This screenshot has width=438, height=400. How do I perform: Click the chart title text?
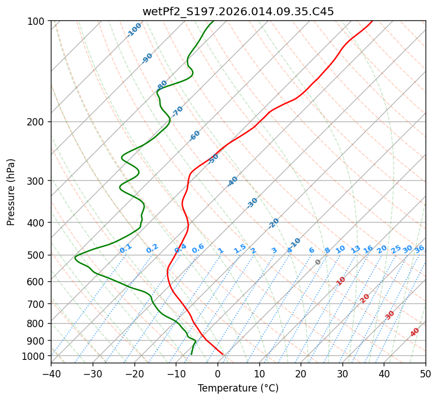pyautogui.click(x=238, y=11)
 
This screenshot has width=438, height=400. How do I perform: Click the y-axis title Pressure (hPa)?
pyautogui.click(x=11, y=192)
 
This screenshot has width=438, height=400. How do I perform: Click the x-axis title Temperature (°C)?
pyautogui.click(x=238, y=388)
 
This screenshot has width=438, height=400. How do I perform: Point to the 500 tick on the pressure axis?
pyautogui.click(x=37, y=255)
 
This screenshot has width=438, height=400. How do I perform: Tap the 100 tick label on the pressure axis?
pyautogui.click(x=37, y=21)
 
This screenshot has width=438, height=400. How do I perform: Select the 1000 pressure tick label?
pyautogui.click(x=34, y=356)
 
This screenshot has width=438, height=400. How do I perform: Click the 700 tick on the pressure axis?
pyautogui.click(x=37, y=304)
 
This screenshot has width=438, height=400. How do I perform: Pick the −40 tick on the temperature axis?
pyautogui.click(x=51, y=373)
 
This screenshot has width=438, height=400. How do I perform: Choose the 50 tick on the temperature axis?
pyautogui.click(x=426, y=373)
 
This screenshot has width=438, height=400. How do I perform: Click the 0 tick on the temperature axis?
pyautogui.click(x=218, y=373)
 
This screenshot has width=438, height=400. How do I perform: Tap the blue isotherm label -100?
pyautogui.click(x=135, y=30)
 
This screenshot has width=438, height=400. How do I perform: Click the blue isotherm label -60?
pyautogui.click(x=195, y=136)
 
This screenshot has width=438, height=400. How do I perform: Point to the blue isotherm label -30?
pyautogui.click(x=252, y=203)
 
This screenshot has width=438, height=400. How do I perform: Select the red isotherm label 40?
pyautogui.click(x=415, y=332)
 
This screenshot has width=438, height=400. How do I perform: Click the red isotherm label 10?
pyautogui.click(x=341, y=281)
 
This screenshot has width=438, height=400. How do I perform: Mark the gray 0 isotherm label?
pyautogui.click(x=318, y=262)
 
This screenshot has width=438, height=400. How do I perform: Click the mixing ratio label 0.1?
pyautogui.click(x=125, y=248)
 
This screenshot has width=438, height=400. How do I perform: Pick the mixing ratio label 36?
pyautogui.click(x=419, y=249)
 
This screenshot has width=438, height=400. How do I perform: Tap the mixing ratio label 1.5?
pyautogui.click(x=240, y=248)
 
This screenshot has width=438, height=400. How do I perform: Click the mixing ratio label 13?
pyautogui.click(x=355, y=249)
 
